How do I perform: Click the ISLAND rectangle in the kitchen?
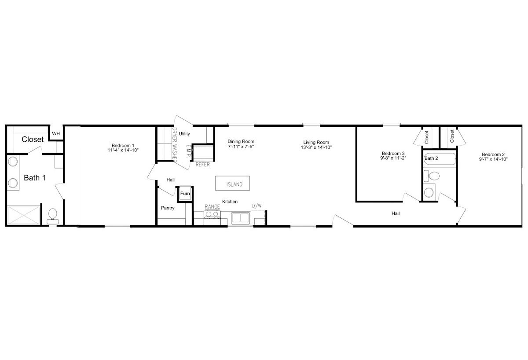tap(232, 183)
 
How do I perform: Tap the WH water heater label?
tap(56, 134)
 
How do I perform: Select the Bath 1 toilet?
tap(52, 216)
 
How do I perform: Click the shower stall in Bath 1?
tap(24, 215)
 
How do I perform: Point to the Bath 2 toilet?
tap(432, 176)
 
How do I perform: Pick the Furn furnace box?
tap(185, 194)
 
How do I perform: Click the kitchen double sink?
tap(241, 218)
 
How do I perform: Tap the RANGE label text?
tap(212, 206)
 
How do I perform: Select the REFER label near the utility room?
tap(202, 165)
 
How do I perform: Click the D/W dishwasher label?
tap(257, 206)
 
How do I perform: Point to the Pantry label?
tap(168, 208)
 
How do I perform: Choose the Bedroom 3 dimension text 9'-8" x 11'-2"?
tap(393, 158)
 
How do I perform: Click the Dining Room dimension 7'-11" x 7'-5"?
tap(241, 147)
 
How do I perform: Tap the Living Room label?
tap(316, 142)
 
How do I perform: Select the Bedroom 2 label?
tap(493, 154)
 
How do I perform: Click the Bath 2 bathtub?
tap(440, 159)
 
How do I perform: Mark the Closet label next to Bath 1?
tap(33, 140)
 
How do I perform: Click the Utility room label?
tap(184, 134)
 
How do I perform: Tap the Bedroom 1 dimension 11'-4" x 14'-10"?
tap(123, 150)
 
